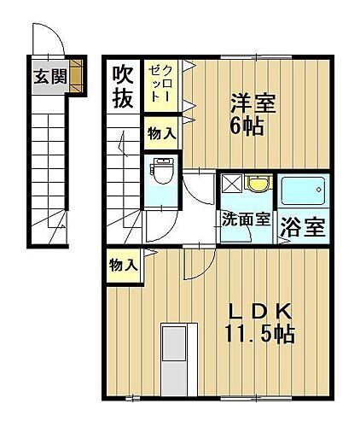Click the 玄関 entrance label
tap(49, 75)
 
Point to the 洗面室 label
tap(246, 218)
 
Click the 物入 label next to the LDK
tap(123, 266)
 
